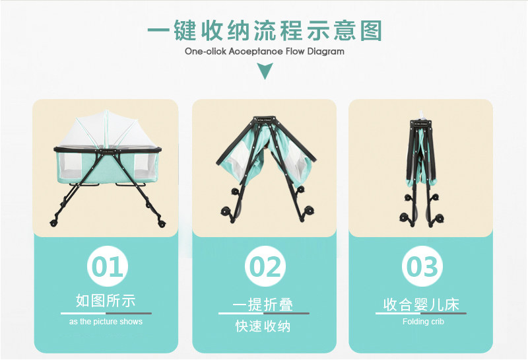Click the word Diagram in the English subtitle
[325, 52]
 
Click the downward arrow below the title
[265, 71]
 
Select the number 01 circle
[108, 266]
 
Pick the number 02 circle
[265, 266]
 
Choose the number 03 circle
[422, 266]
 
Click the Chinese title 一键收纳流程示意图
[265, 30]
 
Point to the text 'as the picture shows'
[106, 322]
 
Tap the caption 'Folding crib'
[423, 322]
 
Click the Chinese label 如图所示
[106, 301]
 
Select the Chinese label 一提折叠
[263, 305]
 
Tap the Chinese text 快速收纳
[263, 326]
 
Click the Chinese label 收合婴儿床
[421, 305]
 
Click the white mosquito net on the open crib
[106, 129]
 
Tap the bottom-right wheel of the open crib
[162, 223]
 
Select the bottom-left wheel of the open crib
[53, 223]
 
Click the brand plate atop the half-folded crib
[265, 120]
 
